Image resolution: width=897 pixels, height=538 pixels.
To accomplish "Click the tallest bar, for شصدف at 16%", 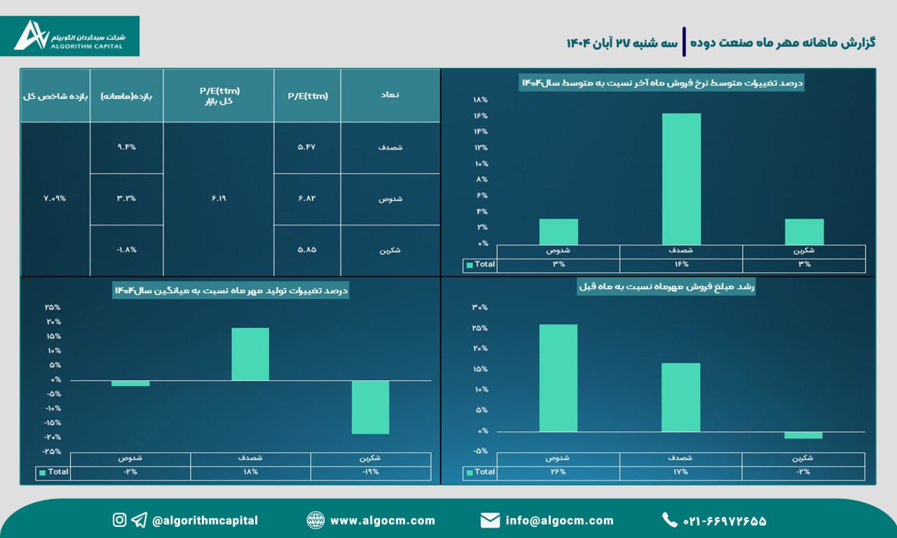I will (x=681, y=179).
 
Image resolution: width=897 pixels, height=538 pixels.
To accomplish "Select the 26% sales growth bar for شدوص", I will (x=559, y=378).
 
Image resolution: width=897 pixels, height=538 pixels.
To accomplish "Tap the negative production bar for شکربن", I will (x=370, y=407).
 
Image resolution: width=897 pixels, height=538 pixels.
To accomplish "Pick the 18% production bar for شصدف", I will (x=250, y=354).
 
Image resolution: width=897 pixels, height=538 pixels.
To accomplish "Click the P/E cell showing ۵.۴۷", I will (x=307, y=148).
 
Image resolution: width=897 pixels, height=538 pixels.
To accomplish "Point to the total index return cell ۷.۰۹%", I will (x=55, y=198).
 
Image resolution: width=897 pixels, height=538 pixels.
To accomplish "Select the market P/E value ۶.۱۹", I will (x=218, y=198).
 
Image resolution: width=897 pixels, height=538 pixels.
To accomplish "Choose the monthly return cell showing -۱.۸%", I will (x=126, y=250).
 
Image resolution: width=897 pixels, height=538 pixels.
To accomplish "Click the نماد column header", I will (x=390, y=96).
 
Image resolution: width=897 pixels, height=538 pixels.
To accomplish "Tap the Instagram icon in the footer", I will (x=120, y=520).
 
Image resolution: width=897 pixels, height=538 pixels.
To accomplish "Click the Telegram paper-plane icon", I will (x=139, y=520).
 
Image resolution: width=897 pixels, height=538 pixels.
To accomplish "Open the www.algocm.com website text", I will (x=382, y=520).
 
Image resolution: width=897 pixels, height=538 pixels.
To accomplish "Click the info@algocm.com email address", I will (x=559, y=520).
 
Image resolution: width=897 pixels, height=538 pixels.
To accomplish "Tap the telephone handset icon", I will (x=669, y=520).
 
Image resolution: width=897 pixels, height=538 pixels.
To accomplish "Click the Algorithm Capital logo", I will (x=77, y=36).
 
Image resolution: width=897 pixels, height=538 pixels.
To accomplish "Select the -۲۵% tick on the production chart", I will (x=51, y=451).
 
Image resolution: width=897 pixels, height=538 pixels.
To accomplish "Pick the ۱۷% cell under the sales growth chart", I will (x=680, y=472).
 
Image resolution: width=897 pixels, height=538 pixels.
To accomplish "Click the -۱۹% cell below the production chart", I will (x=370, y=472).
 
